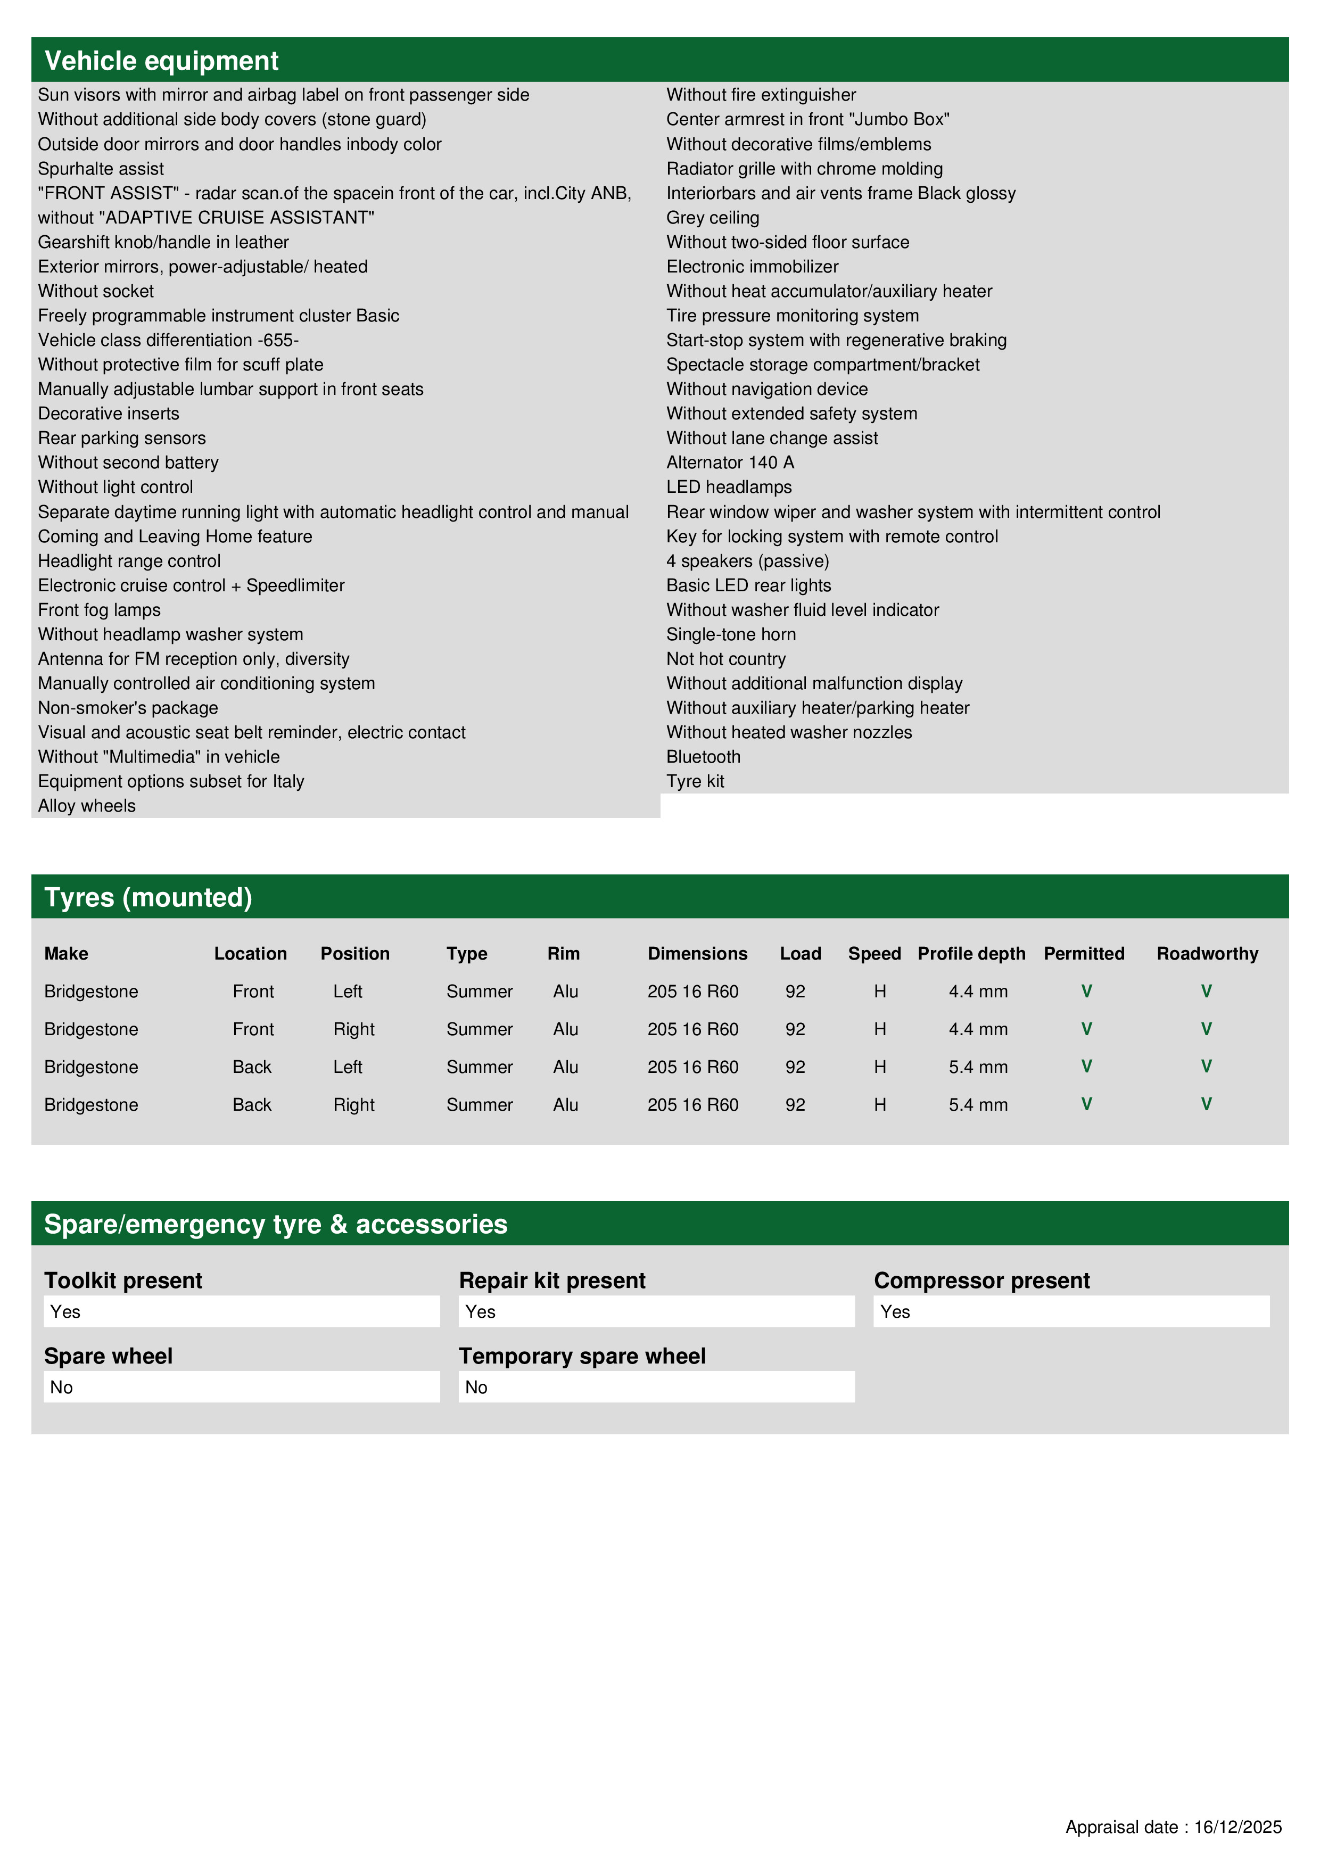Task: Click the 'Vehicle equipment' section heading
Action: [161, 61]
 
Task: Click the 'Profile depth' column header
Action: [971, 953]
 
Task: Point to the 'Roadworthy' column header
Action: [1207, 953]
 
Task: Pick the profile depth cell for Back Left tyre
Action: [978, 1067]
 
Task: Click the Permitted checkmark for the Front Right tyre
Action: [1086, 1029]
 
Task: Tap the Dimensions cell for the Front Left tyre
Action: [692, 991]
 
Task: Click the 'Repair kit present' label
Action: [551, 1280]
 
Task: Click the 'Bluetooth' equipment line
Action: [703, 757]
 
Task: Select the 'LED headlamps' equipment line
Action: [729, 487]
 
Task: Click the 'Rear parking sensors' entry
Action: [122, 439]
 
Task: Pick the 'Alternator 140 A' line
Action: [730, 462]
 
